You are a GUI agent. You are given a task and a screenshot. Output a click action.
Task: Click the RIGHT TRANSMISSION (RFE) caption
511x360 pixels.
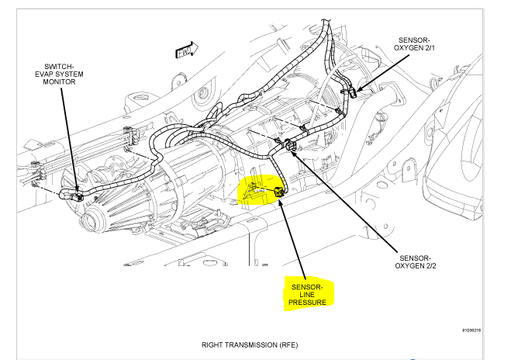coord(250,344)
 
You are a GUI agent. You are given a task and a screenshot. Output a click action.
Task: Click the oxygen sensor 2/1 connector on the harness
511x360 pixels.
coord(351,91)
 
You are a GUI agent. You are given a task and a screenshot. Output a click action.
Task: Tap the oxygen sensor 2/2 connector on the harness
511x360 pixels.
coord(290,144)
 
